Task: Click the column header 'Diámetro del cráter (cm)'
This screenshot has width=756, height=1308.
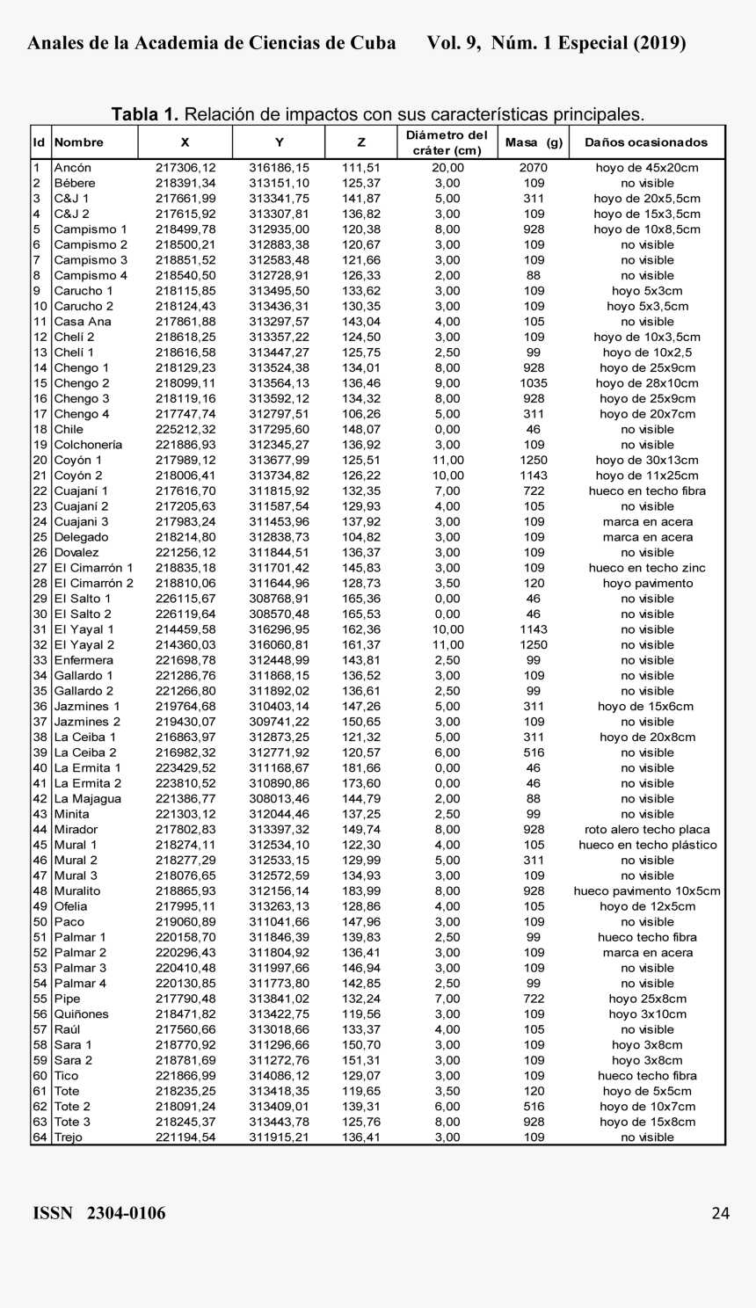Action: pos(447,142)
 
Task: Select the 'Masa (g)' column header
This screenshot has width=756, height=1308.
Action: pos(534,142)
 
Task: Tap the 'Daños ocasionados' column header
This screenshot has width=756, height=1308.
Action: pos(646,142)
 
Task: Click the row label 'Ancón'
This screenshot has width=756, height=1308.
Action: pos(72,168)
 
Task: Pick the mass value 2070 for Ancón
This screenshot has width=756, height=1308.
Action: pos(534,168)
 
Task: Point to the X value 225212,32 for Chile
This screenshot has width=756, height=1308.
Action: pos(185,430)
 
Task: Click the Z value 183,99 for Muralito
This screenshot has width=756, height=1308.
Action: pos(361,891)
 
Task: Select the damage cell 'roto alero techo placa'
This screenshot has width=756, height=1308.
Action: pos(647,830)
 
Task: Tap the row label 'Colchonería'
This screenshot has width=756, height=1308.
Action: pos(88,445)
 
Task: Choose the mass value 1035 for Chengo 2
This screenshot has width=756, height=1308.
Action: pos(534,383)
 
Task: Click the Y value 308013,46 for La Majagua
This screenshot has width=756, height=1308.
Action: pos(279,799)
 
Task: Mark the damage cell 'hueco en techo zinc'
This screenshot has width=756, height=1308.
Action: pos(647,568)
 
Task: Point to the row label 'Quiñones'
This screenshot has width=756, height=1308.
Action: pos(81,1014)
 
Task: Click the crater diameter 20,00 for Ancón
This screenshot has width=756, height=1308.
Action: pos(447,168)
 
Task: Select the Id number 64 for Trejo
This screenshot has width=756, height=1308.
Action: pos(40,1137)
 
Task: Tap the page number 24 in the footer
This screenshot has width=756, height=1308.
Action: pos(720,1214)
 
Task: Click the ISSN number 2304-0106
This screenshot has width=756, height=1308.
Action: pos(126,1214)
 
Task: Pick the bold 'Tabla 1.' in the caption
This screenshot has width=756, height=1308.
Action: pos(145,115)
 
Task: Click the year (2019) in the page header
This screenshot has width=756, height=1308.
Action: pos(659,43)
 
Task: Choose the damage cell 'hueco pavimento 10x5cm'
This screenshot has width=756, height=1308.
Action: pos(647,891)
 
